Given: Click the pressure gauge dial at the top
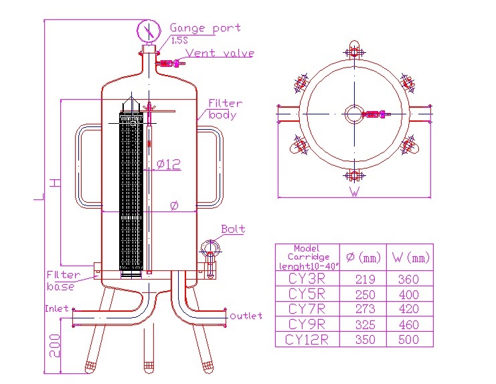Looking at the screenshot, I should click(x=149, y=31).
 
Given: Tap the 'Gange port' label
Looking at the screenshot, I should click(x=205, y=28).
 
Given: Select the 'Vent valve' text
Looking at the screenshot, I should click(x=220, y=53).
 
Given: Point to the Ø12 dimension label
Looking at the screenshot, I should click(x=169, y=164).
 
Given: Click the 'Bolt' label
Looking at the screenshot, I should click(x=233, y=229).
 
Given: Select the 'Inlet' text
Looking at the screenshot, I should click(x=57, y=309).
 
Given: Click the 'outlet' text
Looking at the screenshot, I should click(x=246, y=316).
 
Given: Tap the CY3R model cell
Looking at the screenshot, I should click(x=308, y=279).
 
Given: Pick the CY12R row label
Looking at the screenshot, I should click(x=308, y=340).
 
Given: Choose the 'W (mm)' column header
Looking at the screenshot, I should click(x=410, y=257).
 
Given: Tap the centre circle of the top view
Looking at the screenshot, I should click(x=353, y=114).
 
